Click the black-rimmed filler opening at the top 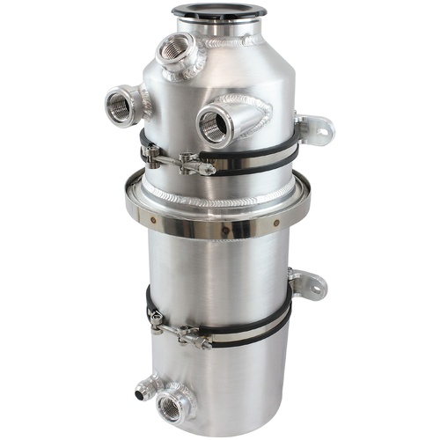click(206, 11)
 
